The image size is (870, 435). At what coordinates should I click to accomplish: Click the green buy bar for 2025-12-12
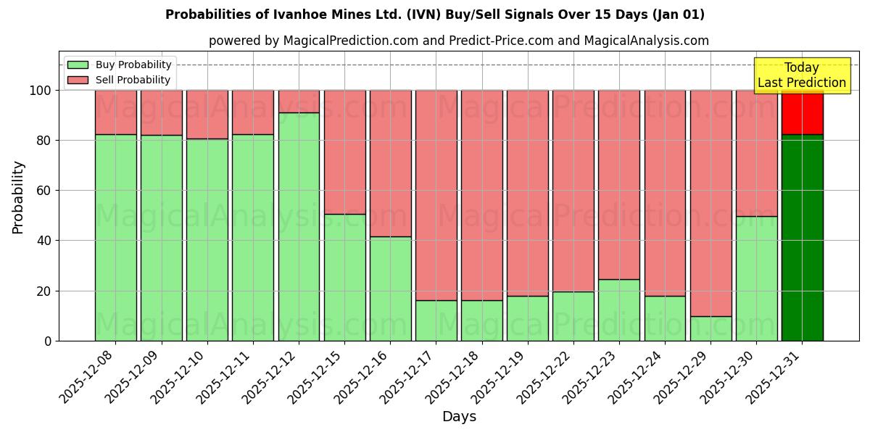click(x=299, y=226)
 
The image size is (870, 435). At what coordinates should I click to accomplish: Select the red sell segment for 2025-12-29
click(x=710, y=203)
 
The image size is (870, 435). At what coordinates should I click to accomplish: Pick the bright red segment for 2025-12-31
click(x=802, y=112)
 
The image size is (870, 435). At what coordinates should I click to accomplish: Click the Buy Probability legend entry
click(x=120, y=65)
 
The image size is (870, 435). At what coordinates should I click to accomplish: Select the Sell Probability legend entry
click(x=120, y=80)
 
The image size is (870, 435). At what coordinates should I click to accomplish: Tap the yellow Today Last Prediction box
click(x=802, y=75)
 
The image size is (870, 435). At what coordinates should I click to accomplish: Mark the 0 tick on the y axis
click(x=49, y=341)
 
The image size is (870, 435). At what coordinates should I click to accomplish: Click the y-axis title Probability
click(x=18, y=197)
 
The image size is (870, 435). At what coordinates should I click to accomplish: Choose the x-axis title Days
click(x=459, y=417)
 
